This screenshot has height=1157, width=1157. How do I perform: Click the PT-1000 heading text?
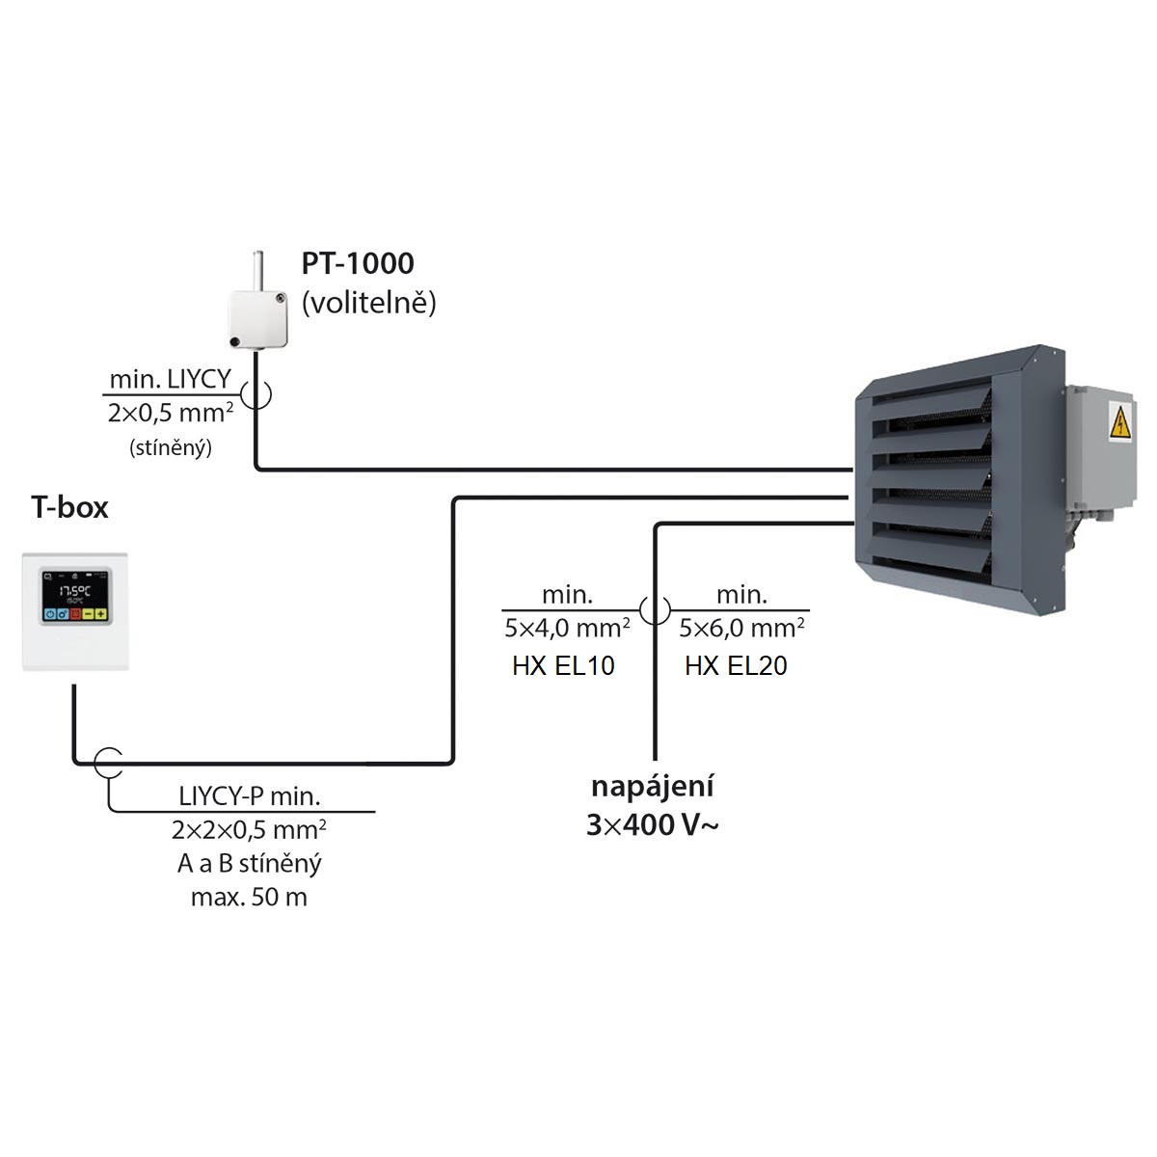tap(358, 263)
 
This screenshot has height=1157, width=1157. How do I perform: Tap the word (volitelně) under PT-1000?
tap(368, 303)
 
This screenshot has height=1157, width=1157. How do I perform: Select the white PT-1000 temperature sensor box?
tap(258, 318)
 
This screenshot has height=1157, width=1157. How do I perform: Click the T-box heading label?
tap(69, 507)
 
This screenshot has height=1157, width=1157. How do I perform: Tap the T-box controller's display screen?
tap(75, 596)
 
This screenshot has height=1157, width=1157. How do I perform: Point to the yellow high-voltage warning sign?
tap(1119, 421)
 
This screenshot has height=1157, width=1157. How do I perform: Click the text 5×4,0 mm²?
tap(567, 629)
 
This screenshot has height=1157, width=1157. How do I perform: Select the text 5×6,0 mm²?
tap(741, 629)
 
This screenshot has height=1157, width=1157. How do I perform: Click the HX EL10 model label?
tap(563, 666)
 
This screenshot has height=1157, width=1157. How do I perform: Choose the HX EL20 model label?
tap(736, 666)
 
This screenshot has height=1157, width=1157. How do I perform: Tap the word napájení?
tap(653, 788)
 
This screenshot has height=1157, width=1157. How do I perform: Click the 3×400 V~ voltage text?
tap(652, 825)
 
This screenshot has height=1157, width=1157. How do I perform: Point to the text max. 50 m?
tap(249, 897)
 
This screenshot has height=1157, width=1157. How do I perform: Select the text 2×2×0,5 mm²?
tap(249, 830)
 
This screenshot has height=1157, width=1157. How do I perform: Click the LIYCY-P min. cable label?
tap(249, 796)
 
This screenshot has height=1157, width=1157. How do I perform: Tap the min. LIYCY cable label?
tap(170, 380)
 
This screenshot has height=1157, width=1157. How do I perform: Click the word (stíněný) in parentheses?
tap(171, 448)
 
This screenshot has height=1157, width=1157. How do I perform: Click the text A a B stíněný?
tap(249, 863)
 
